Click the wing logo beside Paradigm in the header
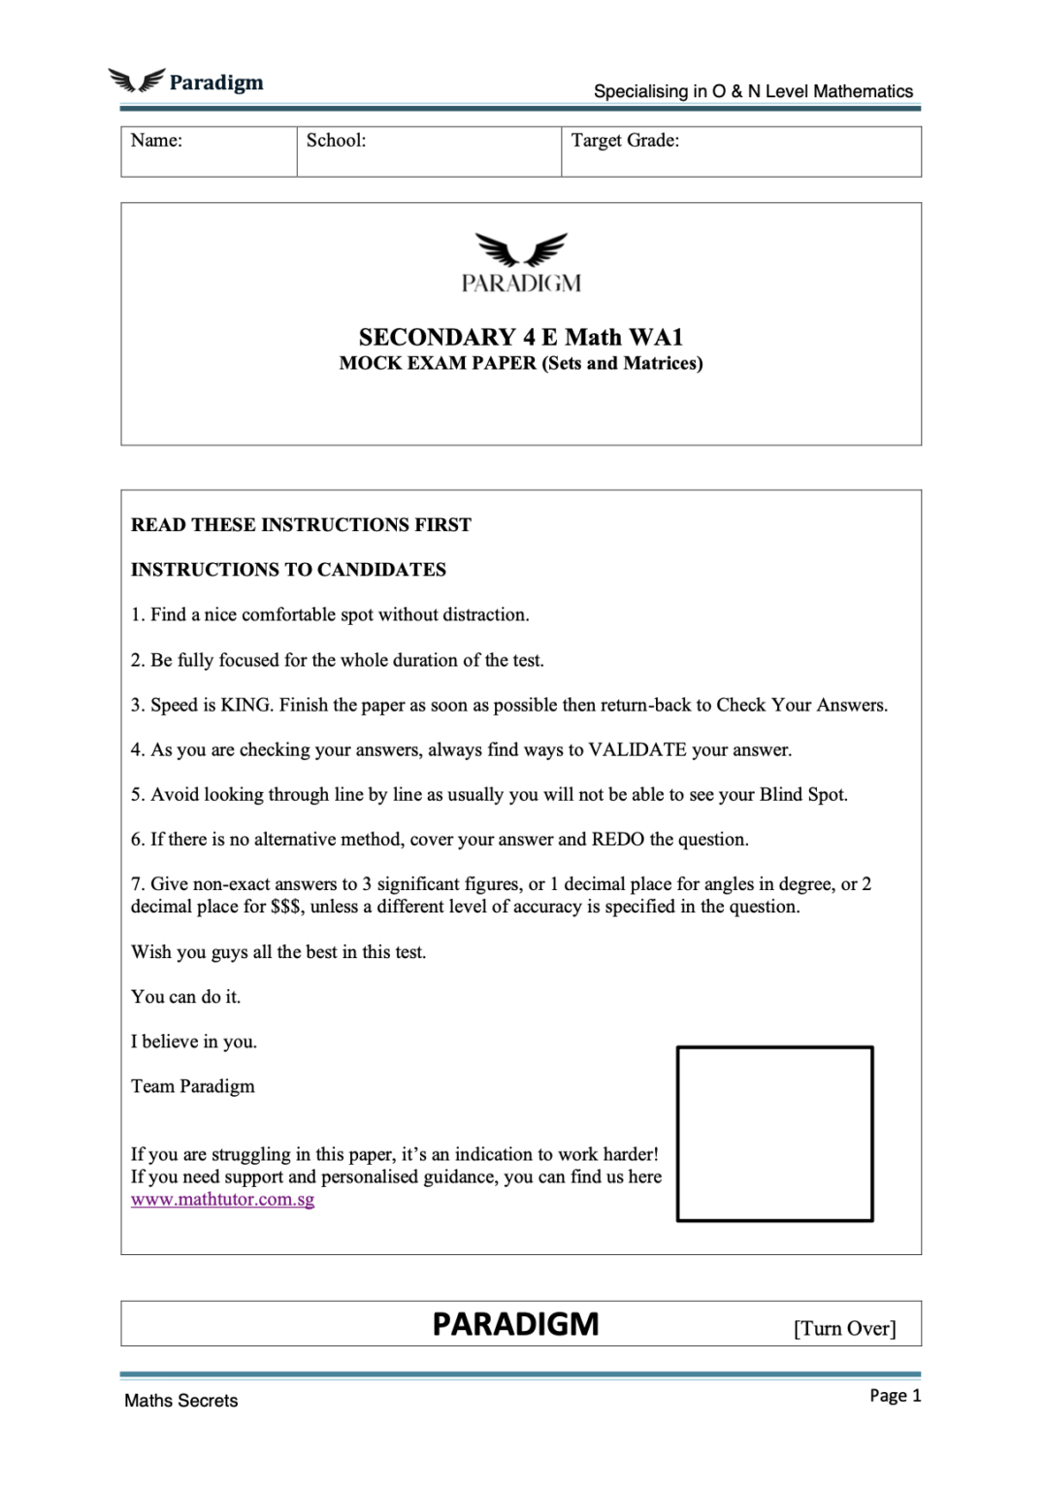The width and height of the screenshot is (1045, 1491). point(136,81)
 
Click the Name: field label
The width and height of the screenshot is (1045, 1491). point(156,141)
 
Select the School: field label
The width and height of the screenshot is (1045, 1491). point(336,141)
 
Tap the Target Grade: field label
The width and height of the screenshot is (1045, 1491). point(625,141)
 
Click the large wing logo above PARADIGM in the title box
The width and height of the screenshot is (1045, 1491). point(521,249)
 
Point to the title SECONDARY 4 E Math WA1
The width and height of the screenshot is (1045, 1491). point(521,337)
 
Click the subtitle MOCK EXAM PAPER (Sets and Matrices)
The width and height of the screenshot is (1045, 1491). point(521,363)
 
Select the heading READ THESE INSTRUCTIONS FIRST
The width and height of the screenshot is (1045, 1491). point(301,525)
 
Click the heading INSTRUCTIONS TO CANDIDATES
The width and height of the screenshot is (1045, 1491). point(288,570)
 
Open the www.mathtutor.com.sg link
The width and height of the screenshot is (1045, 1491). point(222,1200)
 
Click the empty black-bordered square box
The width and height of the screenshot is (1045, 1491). point(774,1134)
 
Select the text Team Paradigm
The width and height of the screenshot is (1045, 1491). point(193,1086)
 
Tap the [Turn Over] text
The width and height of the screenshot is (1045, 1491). point(844,1328)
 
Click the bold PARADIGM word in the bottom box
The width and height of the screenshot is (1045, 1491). point(515,1324)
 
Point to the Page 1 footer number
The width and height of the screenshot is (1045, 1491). point(895,1396)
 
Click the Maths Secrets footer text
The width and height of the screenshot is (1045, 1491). point(180,1401)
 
